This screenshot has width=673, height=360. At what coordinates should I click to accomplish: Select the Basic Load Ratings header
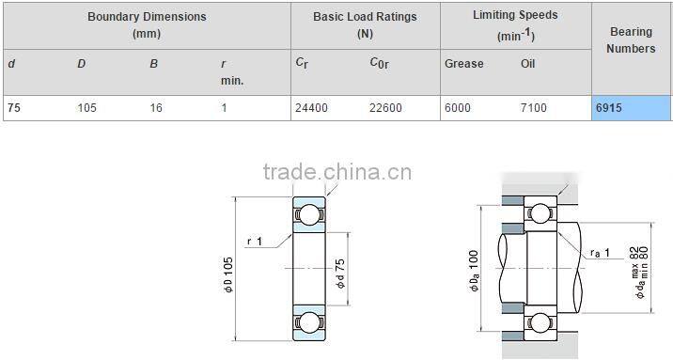[x=366, y=24]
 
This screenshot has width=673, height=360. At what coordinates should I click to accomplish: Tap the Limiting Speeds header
[x=514, y=24]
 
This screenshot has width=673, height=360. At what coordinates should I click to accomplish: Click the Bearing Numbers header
[x=631, y=39]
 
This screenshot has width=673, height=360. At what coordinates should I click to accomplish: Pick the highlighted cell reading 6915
[x=631, y=108]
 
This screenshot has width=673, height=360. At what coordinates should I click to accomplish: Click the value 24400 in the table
[x=311, y=108]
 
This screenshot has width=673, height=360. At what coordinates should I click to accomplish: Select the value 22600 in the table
[x=385, y=108]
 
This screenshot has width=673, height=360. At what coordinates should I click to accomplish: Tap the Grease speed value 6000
[x=458, y=108]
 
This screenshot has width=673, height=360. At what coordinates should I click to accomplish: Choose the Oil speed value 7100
[x=533, y=108]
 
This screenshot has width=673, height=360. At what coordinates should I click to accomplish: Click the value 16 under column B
[x=156, y=108]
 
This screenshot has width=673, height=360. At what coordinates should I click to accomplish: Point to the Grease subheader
[x=463, y=64]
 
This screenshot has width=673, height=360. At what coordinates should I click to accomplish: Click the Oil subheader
[x=528, y=64]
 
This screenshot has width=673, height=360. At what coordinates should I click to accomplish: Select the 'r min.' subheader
[x=231, y=72]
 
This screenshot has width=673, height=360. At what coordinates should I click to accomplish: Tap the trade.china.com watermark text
[x=336, y=172]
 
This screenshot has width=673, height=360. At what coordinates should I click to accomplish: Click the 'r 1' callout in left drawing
[x=255, y=242]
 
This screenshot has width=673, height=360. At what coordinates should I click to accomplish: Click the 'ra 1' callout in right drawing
[x=602, y=253]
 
